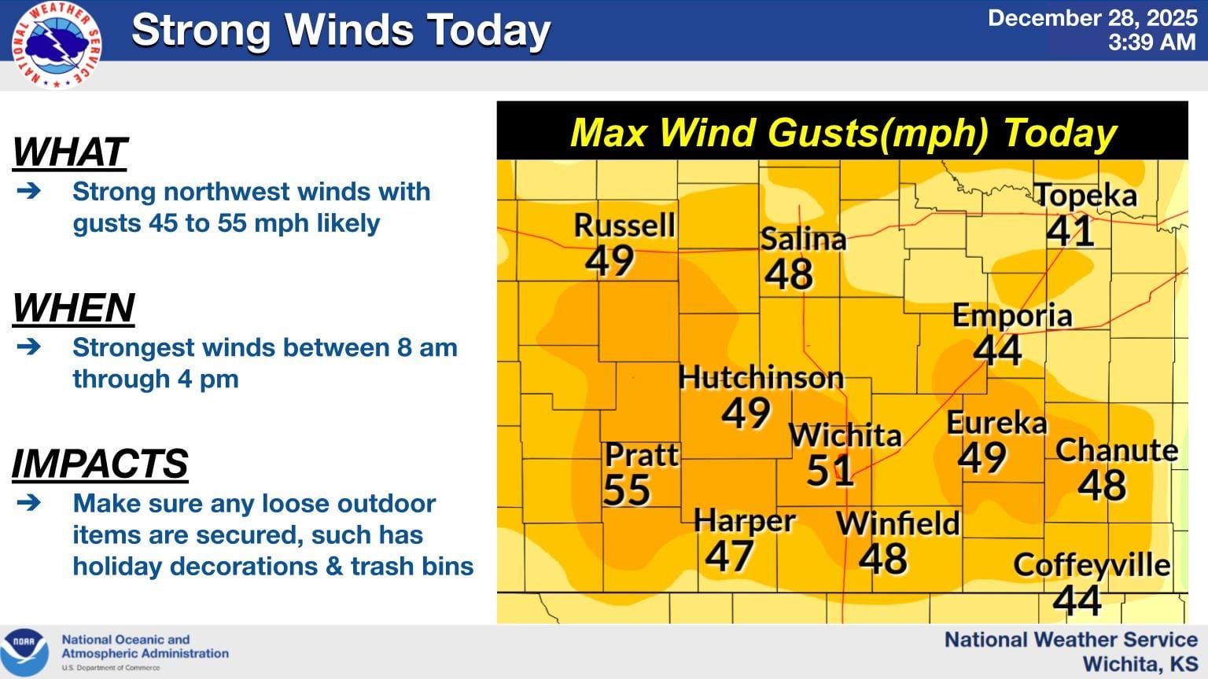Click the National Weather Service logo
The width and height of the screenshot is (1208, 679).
(x=57, y=45)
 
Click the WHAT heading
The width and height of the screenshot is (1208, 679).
(x=70, y=152)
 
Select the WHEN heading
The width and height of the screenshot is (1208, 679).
(x=74, y=307)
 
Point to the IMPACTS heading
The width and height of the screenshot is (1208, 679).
(x=100, y=463)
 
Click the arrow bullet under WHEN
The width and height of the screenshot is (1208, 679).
(x=28, y=347)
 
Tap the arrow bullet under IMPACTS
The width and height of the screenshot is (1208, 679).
(x=28, y=502)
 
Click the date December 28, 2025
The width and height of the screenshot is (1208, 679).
(x=1092, y=18)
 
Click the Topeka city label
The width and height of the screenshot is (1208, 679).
(x=1085, y=196)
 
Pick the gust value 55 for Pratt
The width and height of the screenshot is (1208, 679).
(x=627, y=490)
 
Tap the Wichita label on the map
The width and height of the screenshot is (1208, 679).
(x=845, y=435)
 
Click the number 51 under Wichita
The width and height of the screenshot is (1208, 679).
(x=830, y=470)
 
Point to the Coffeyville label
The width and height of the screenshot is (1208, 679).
(x=1092, y=564)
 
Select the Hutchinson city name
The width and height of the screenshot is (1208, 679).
(x=761, y=378)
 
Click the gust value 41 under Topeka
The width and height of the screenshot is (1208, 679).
(x=1070, y=230)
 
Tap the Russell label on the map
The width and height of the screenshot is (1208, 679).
(x=624, y=226)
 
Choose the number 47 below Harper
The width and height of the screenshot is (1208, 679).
(x=729, y=556)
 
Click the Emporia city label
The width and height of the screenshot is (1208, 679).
(x=1012, y=316)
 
